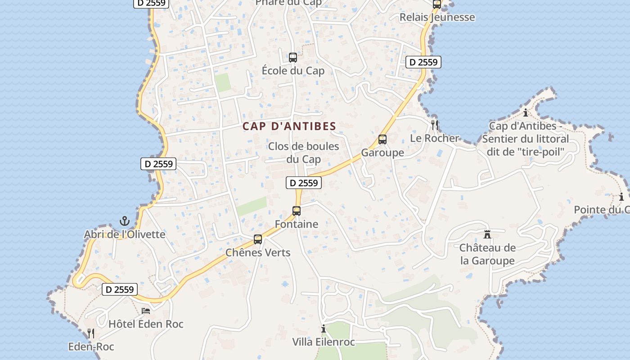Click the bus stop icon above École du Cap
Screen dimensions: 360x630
[293, 58]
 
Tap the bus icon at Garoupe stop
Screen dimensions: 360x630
[382, 139]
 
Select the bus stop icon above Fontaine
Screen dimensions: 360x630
[297, 211]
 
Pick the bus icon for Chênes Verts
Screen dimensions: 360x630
[258, 239]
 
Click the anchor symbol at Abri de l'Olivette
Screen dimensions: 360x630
[125, 221]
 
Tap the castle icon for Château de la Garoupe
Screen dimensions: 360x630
[487, 234]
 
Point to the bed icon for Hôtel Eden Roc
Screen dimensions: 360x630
[146, 310]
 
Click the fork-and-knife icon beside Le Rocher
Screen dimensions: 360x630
[435, 125]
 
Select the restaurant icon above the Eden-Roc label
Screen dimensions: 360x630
[91, 333]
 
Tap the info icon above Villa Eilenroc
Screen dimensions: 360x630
[323, 328]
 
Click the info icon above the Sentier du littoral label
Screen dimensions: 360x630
[525, 112]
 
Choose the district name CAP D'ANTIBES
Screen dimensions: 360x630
[289, 126]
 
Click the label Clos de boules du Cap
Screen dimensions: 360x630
[304, 153]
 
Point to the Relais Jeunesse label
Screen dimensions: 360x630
[437, 18]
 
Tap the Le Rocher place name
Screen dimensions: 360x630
[434, 138]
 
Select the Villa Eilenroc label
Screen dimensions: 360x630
[324, 342]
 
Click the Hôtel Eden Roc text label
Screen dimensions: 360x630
[146, 324]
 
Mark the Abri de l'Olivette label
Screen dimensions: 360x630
[125, 234]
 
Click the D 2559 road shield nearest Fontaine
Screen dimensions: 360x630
[304, 183]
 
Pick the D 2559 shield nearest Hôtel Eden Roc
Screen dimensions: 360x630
[120, 289]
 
